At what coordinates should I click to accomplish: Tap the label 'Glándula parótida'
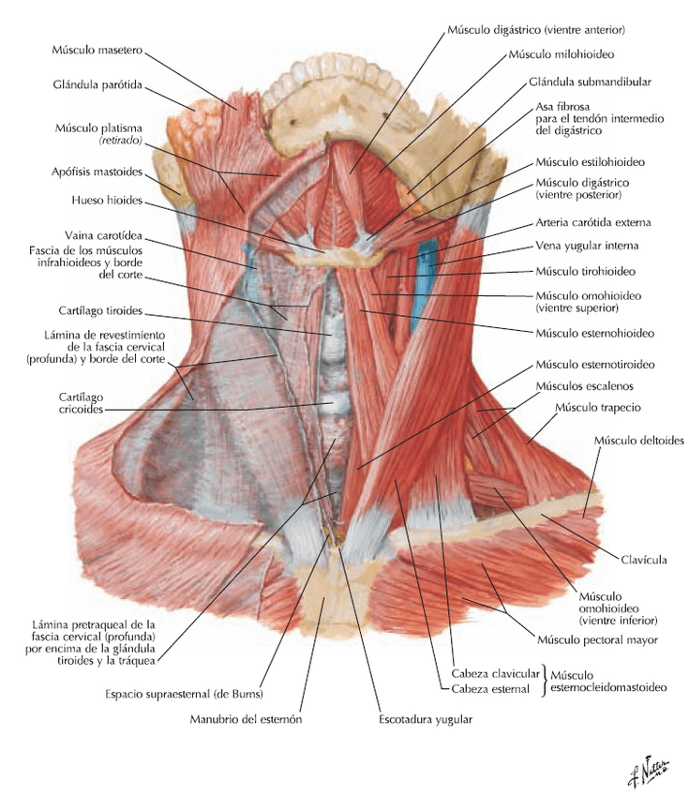tap(97, 84)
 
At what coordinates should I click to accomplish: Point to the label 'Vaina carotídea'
tap(102, 235)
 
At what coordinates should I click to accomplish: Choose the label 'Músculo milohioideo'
tap(562, 55)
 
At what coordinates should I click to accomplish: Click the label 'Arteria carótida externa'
tap(592, 222)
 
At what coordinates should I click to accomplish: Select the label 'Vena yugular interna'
tap(586, 247)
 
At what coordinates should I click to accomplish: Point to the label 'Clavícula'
tap(643, 560)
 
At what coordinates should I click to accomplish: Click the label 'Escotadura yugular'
tap(425, 719)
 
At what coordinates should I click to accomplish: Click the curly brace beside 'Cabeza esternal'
tap(545, 681)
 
